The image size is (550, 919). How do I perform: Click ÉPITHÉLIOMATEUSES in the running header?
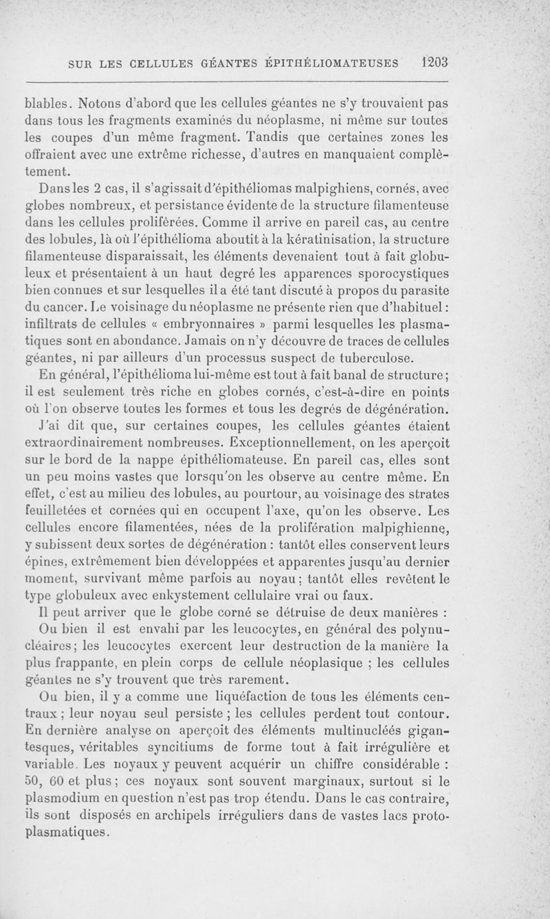pos(336,63)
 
